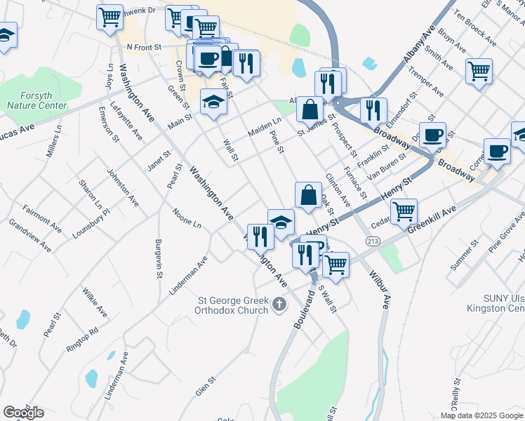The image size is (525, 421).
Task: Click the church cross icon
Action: [279, 305]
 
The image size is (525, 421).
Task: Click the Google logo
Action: [23, 412]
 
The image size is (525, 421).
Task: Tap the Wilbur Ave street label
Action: [385, 291]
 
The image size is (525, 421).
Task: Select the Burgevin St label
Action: [159, 258]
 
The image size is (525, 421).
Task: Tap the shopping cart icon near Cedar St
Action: [404, 210]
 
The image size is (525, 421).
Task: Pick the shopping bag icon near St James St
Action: [309, 109]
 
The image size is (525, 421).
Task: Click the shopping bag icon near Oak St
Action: [308, 194]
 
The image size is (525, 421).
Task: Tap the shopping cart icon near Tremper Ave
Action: [479, 71]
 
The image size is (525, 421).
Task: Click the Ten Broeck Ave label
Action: [479, 23]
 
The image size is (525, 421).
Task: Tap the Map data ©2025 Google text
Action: [482, 415]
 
